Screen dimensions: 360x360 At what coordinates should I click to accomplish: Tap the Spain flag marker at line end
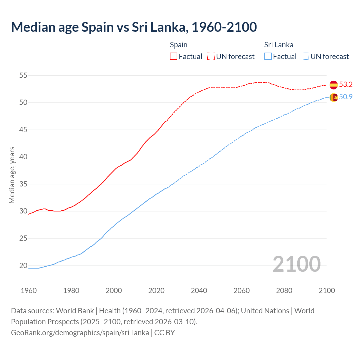pyautogui.click(x=334, y=85)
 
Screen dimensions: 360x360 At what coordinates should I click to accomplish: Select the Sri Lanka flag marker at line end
pyautogui.click(x=334, y=97)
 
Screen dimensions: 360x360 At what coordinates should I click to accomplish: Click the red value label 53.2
pyautogui.click(x=346, y=84)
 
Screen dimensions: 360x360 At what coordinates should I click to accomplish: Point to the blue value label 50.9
pyautogui.click(x=346, y=97)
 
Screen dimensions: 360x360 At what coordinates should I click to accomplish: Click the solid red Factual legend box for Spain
pyautogui.click(x=174, y=56)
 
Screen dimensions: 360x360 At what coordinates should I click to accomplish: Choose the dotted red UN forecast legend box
pyautogui.click(x=211, y=56)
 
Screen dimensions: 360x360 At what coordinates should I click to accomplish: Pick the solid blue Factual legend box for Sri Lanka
pyautogui.click(x=268, y=56)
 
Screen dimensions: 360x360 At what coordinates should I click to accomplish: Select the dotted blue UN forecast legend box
pyautogui.click(x=305, y=56)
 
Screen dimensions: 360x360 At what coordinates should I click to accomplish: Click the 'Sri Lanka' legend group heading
pyautogui.click(x=278, y=45)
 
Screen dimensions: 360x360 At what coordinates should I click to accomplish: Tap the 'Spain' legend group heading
pyautogui.click(x=179, y=45)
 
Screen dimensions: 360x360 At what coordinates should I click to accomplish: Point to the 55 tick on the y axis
pyautogui.click(x=23, y=75)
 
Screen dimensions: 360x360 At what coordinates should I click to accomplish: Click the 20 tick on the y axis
pyautogui.click(x=23, y=265)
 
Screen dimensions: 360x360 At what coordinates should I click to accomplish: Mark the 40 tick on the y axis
pyautogui.click(x=23, y=157)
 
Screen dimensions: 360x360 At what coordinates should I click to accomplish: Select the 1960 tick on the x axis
pyautogui.click(x=29, y=291)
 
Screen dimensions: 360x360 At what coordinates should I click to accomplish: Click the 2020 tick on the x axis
pyautogui.click(x=156, y=291)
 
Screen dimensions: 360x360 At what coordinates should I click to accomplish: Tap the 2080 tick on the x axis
pyautogui.click(x=284, y=291)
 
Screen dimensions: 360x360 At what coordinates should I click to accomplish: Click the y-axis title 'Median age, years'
pyautogui.click(x=12, y=175)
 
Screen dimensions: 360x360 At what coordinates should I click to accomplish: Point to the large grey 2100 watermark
pyautogui.click(x=296, y=264)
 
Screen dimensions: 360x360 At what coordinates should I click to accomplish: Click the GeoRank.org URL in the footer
pyautogui.click(x=80, y=333)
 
